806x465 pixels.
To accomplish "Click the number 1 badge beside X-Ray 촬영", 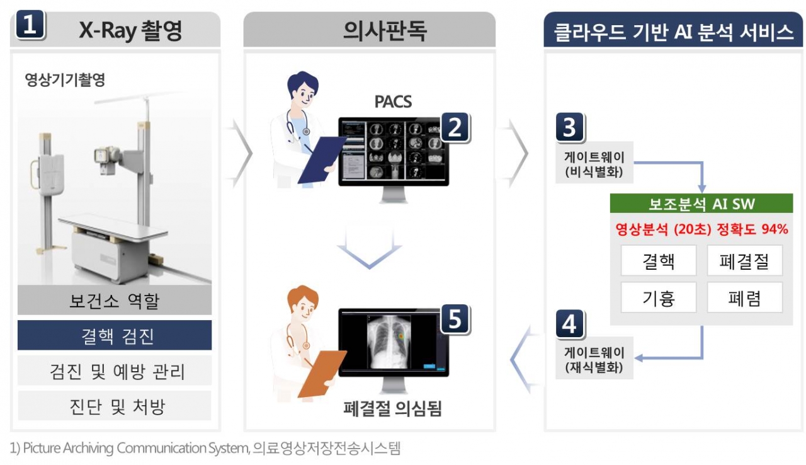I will (x=32, y=27).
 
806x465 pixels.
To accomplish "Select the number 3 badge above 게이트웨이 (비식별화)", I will (x=569, y=128).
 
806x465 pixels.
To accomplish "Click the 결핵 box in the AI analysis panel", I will (x=659, y=261).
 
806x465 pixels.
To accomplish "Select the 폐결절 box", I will (x=745, y=261).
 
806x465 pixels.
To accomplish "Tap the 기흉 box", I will (x=659, y=297).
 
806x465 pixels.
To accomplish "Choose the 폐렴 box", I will (x=745, y=297).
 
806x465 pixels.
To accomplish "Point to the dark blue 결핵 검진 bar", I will (x=114, y=336).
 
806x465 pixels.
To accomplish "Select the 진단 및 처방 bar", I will (x=114, y=406).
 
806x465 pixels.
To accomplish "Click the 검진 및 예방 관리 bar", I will (x=114, y=371).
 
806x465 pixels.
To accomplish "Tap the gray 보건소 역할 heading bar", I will (x=114, y=301).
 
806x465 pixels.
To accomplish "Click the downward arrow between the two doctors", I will (x=369, y=247).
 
